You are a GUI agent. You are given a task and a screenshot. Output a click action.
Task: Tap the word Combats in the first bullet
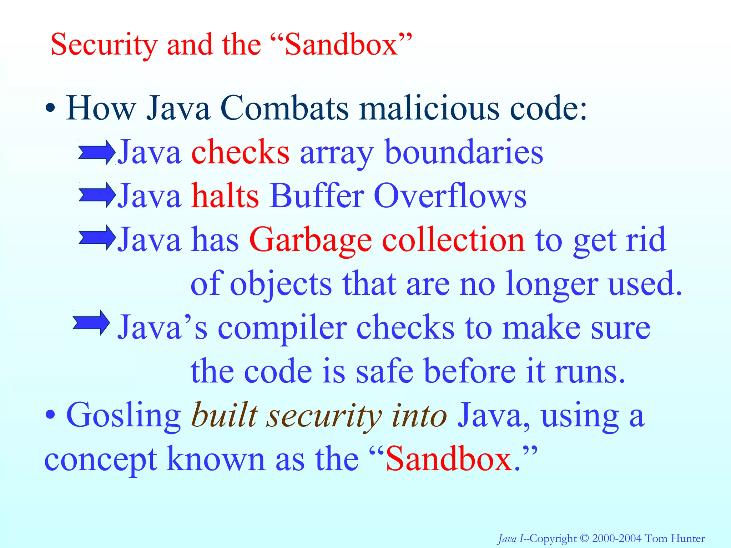coord(284,108)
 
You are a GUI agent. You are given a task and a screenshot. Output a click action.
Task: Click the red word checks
coord(240,153)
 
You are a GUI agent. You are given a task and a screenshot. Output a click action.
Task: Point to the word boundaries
coord(464,153)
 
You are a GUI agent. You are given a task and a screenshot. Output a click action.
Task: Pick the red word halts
coord(225,196)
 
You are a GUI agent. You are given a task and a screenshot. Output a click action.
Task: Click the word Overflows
coord(450,196)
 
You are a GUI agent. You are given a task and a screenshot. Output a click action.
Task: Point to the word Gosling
coord(123,416)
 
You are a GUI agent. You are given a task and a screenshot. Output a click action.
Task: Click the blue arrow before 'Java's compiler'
coord(91,323)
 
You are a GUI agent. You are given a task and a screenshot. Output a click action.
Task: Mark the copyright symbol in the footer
coord(584,538)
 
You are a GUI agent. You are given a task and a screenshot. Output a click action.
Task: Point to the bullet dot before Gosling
coord(50,415)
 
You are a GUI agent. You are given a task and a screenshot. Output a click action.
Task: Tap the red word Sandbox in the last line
coord(449,460)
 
